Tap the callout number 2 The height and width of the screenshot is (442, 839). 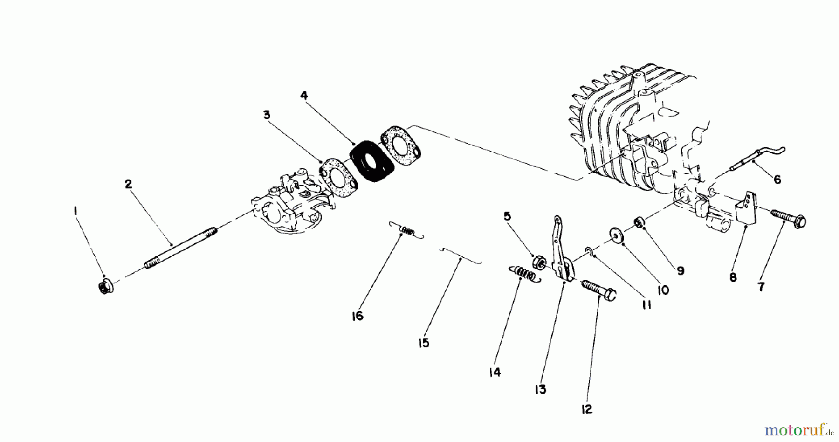[x=129, y=184]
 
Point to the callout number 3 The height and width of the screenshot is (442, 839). [x=267, y=115]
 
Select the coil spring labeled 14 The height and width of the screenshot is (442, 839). [x=523, y=273]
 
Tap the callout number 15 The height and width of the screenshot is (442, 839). [x=424, y=344]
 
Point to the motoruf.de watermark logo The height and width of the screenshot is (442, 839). [x=801, y=428]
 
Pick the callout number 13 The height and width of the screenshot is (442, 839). [x=540, y=389]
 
